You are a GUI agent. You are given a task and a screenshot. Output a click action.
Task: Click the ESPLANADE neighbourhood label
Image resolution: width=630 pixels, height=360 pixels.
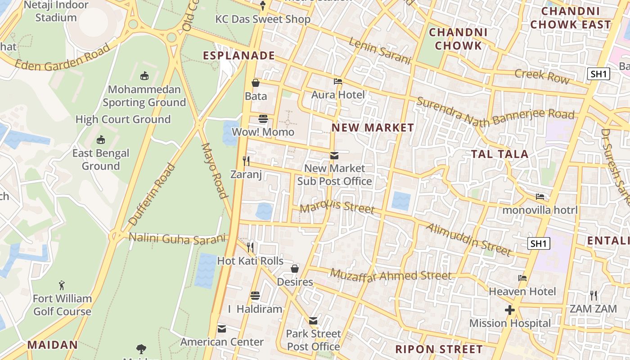point(238,55)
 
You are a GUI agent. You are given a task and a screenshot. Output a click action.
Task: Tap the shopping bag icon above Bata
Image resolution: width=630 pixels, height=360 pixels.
point(256,83)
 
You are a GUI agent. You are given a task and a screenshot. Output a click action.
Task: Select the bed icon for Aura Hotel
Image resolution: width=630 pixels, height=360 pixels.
point(338,81)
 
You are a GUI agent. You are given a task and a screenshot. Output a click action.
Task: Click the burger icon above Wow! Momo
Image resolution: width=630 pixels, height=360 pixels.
point(263,119)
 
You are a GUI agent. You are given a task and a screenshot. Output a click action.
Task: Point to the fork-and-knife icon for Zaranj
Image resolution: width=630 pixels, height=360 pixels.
point(246,161)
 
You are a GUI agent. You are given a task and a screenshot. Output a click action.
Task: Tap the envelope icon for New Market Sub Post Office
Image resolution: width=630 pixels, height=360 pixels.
point(334,156)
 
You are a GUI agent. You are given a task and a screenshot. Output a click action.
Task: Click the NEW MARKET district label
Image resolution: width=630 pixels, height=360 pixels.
point(373,128)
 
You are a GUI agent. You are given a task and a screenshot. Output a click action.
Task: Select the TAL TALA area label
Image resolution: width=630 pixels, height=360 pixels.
point(499,154)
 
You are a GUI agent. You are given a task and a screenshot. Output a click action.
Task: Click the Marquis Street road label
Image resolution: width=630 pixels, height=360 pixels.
point(337,207)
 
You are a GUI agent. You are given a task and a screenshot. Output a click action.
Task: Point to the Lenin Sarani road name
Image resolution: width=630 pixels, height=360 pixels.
point(380,51)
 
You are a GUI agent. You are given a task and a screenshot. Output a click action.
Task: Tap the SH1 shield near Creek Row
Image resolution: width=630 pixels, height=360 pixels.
point(598,74)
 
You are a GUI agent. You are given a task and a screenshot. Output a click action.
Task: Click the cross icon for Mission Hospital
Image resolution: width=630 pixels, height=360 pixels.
point(509,310)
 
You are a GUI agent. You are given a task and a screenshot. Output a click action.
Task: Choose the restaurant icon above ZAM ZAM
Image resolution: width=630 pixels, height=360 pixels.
point(593,296)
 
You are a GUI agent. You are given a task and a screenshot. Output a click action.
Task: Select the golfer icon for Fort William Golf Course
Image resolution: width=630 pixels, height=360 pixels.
point(62,285)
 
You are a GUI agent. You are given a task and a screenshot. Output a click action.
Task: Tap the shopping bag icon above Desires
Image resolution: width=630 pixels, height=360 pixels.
point(295,269)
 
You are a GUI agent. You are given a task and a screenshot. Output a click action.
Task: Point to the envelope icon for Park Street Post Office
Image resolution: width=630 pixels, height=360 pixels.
point(313,321)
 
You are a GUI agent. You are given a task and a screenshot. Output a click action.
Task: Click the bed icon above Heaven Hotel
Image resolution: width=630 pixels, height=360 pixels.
point(522,278)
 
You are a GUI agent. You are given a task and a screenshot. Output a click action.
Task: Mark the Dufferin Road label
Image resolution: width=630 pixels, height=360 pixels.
point(152,194)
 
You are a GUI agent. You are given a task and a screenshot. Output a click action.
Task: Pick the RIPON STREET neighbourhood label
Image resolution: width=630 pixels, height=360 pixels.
point(439,349)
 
